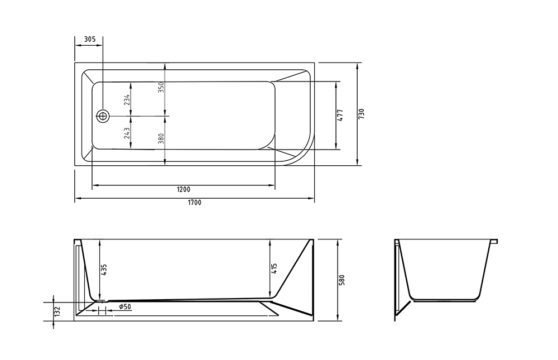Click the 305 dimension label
[x=89, y=40]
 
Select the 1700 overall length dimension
[x=194, y=203]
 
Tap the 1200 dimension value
[x=184, y=189]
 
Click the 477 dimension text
[x=340, y=115]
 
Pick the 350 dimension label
[x=161, y=88]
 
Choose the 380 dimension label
[x=161, y=138]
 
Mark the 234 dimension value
[x=127, y=99]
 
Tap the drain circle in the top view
[x=103, y=116]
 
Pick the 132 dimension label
[x=57, y=311]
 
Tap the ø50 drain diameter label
[x=125, y=307]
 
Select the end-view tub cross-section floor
[x=445, y=300]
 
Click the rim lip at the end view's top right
[x=494, y=242]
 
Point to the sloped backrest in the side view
[x=293, y=268]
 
